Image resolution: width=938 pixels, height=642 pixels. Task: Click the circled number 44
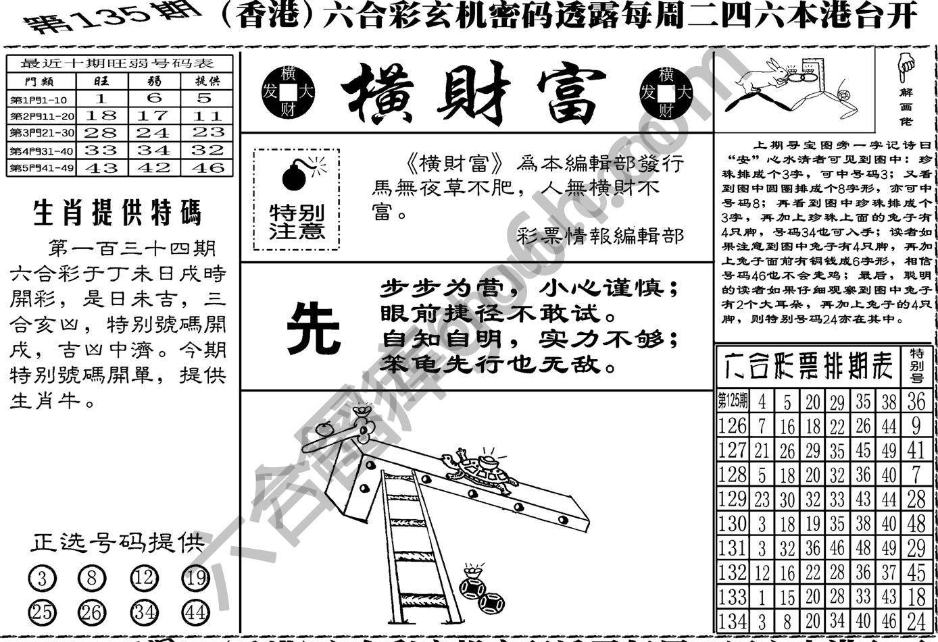(195, 612)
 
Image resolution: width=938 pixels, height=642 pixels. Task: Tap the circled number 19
(195, 579)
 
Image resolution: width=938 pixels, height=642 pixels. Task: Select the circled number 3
(42, 579)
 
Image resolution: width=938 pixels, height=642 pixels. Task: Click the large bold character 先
(313, 327)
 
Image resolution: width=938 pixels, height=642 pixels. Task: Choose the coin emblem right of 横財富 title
(666, 92)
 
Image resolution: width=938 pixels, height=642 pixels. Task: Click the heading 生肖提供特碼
(117, 213)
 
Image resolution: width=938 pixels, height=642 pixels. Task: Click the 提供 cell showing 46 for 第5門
(207, 167)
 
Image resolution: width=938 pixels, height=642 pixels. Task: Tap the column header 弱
(154, 82)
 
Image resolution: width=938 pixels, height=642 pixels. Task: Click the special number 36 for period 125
(916, 401)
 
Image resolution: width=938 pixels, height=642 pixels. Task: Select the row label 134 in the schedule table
(732, 620)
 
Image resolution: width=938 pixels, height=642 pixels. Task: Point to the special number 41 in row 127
(916, 450)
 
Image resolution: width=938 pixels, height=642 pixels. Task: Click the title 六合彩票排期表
(808, 365)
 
